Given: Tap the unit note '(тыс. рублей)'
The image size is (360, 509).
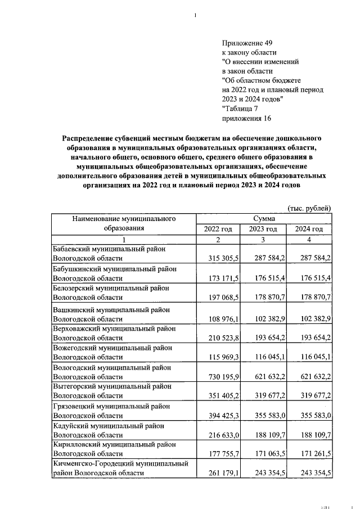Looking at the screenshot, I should pos(309,208).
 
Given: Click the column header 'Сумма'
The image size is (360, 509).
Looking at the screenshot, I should pos(264,218).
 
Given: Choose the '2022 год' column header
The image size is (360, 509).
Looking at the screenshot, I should pos(218,229).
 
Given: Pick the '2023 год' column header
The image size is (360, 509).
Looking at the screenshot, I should pos(263,229).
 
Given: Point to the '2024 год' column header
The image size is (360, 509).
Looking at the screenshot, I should pos(309,229).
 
